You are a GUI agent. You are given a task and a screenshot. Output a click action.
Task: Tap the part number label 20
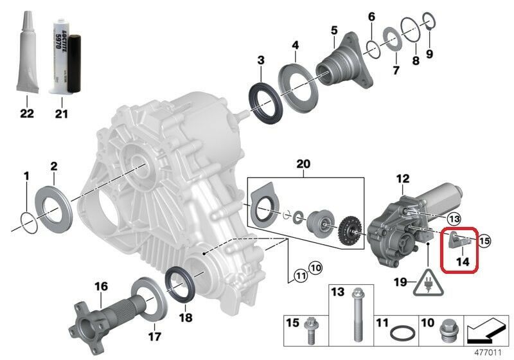pos(304,165)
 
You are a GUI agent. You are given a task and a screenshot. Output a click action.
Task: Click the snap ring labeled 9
pos(429,25)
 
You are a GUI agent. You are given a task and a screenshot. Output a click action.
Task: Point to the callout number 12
pos(402,179)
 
